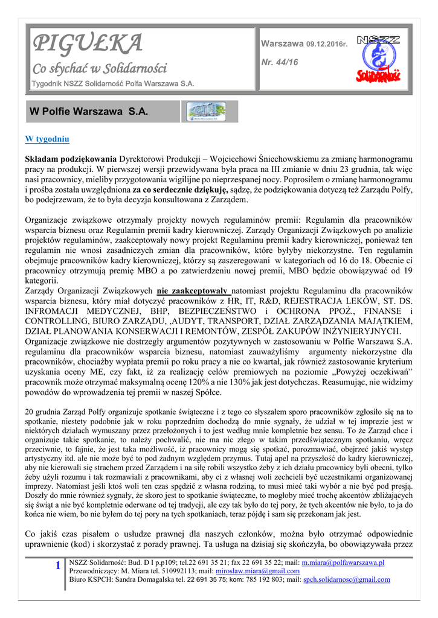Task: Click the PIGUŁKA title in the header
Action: coord(87,43)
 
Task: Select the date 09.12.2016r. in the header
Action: coord(327,44)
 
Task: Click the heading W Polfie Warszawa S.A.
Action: coord(89,112)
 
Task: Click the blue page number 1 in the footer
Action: coord(57,565)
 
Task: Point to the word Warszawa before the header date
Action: coord(282,44)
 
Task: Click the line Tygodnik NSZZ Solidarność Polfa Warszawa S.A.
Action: coord(112,84)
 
